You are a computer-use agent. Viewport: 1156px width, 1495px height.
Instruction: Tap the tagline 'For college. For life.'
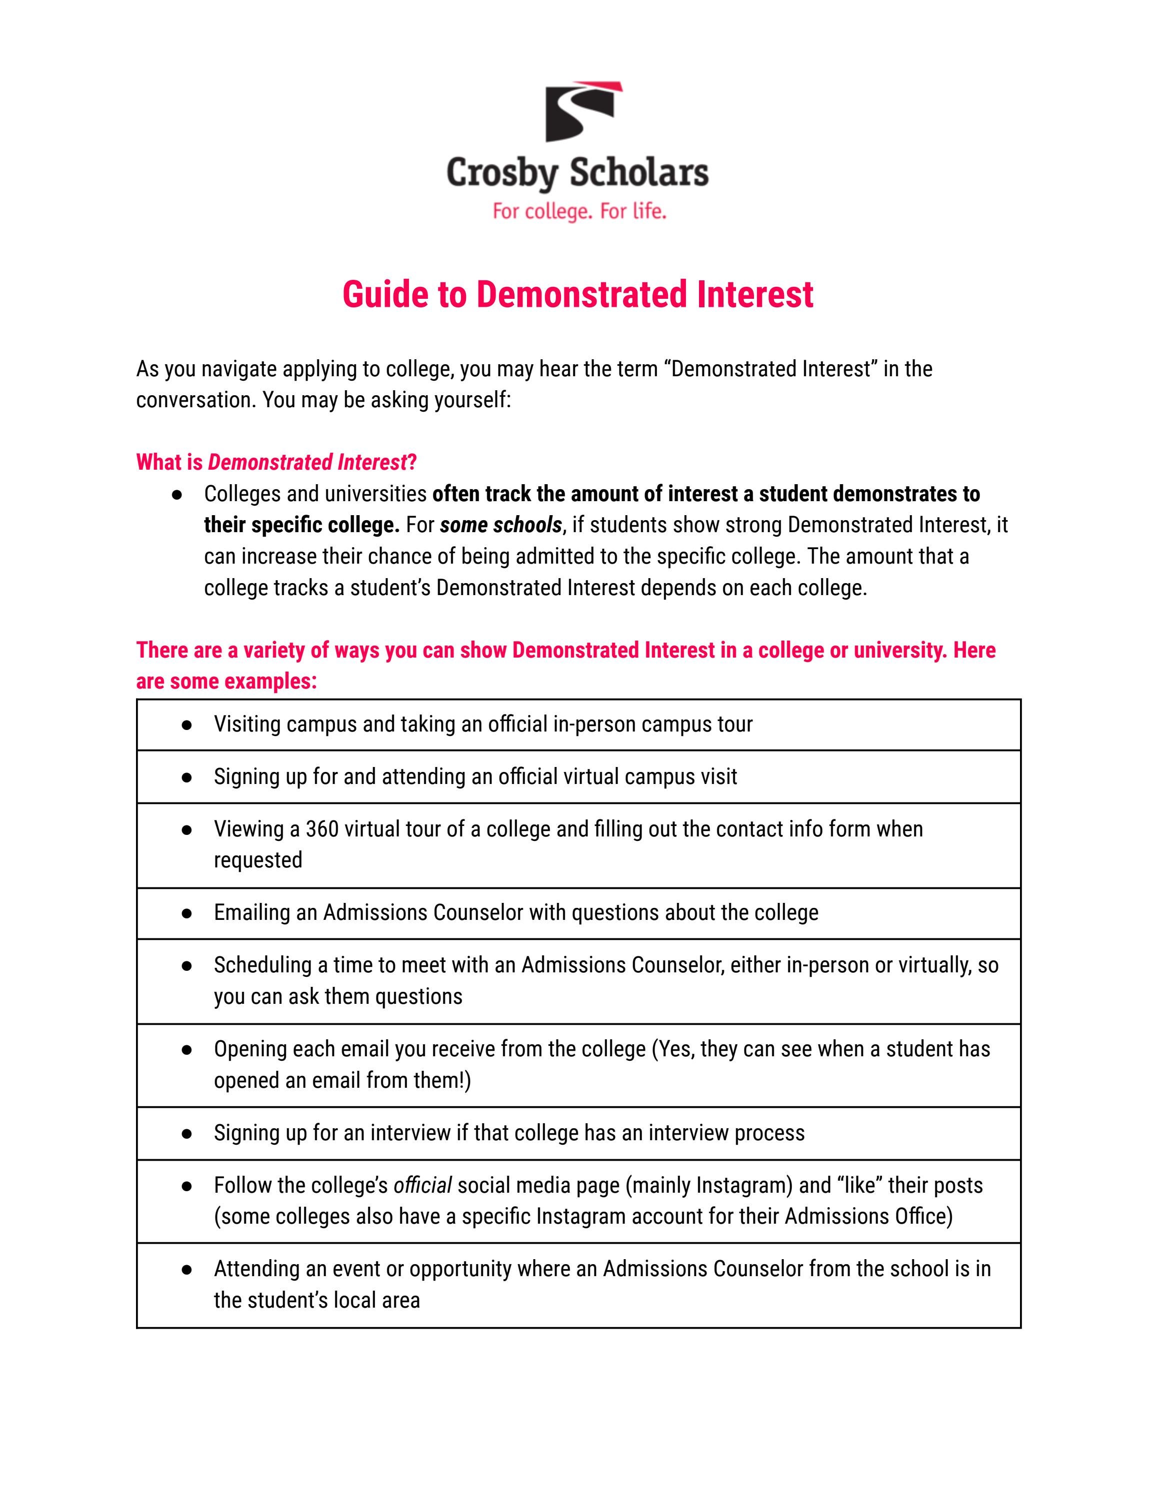[x=578, y=211]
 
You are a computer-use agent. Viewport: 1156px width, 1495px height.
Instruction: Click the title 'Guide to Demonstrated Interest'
[x=577, y=294]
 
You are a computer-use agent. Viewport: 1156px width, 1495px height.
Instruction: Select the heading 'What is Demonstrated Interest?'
[x=276, y=463]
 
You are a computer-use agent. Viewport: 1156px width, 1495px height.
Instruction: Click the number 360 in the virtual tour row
[x=322, y=829]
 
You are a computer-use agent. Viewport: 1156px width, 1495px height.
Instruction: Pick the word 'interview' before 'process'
[x=689, y=1133]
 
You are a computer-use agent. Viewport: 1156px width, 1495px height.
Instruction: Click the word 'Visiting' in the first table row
[x=246, y=724]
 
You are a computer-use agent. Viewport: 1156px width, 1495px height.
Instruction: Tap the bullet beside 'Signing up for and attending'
[x=186, y=777]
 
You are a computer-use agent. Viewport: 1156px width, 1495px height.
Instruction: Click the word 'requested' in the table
[x=258, y=860]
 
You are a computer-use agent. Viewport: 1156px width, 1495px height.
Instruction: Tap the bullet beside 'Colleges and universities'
[x=176, y=494]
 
